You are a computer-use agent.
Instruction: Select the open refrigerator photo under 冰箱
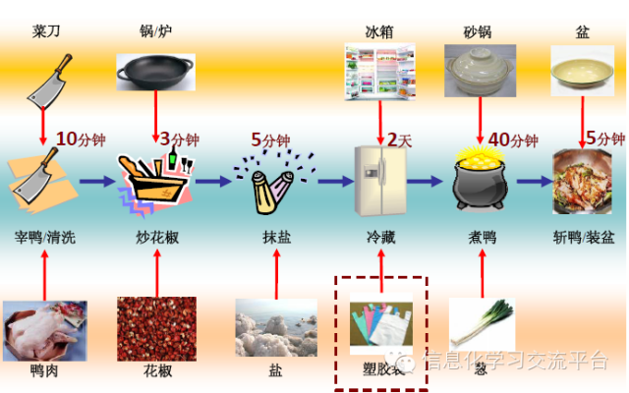click(x=379, y=75)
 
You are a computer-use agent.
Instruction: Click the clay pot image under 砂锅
click(x=480, y=74)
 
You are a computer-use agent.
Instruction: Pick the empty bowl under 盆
click(x=583, y=73)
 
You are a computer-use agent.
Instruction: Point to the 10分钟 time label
click(x=78, y=139)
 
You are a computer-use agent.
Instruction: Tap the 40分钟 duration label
click(x=513, y=140)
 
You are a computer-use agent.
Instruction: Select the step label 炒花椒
click(x=157, y=238)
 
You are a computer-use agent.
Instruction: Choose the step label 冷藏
click(x=380, y=238)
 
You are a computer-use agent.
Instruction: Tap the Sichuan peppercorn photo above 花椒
click(x=156, y=328)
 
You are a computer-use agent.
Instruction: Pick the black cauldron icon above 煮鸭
click(x=481, y=181)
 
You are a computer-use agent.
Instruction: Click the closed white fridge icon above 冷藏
click(x=380, y=181)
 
